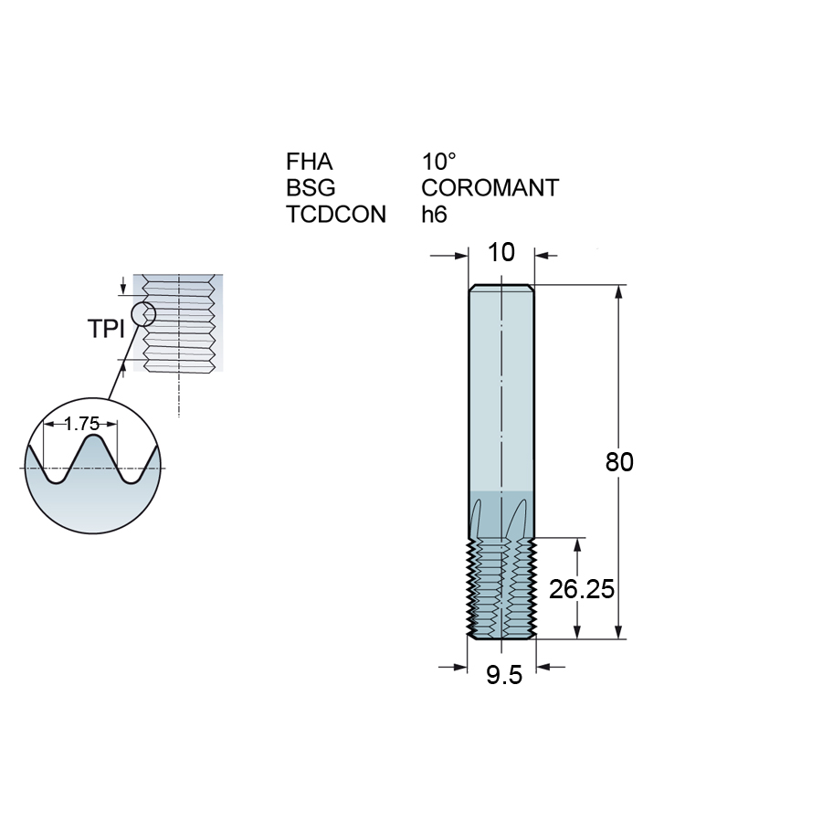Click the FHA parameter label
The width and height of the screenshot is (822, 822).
[309, 163]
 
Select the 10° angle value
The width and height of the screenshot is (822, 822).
[438, 163]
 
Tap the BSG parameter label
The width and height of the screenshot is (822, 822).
[311, 188]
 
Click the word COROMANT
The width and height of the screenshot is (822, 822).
[490, 188]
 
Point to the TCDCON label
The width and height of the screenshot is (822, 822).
[336, 215]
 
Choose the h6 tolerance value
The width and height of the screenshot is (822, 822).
[437, 215]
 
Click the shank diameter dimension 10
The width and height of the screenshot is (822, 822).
[501, 253]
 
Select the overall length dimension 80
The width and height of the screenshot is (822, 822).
[619, 462]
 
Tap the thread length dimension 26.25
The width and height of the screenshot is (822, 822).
[581, 589]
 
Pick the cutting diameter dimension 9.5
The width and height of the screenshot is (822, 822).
[503, 675]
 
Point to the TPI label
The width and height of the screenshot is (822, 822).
[106, 330]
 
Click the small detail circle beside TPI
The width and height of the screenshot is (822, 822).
[143, 315]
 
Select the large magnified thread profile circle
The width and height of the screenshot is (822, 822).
[93, 466]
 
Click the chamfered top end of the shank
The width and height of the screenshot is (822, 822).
[501, 289]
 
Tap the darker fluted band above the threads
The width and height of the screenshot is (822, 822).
[501, 513]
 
